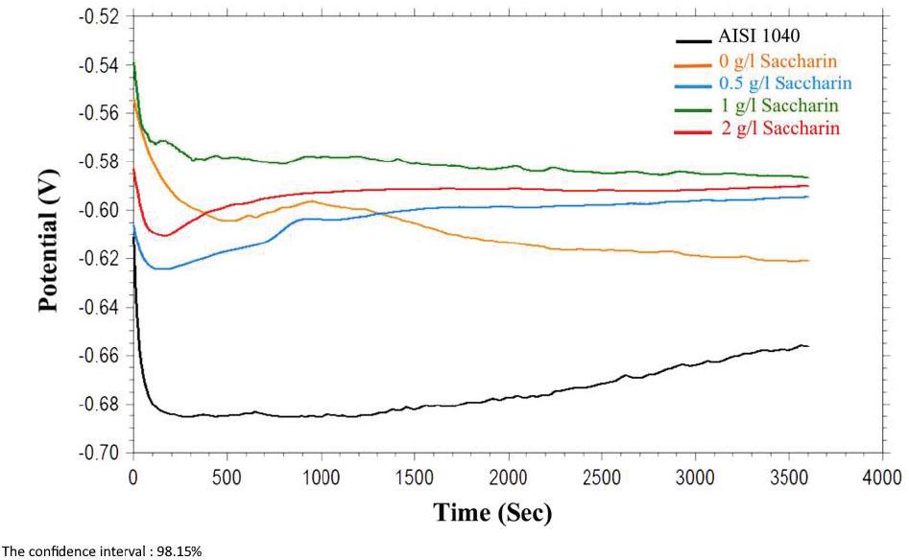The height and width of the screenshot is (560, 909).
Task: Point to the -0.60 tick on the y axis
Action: click(x=103, y=210)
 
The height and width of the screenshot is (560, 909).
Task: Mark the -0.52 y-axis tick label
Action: click(x=103, y=17)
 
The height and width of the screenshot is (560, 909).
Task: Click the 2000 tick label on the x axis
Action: click(x=507, y=477)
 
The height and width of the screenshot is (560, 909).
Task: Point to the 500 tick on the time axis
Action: click(x=227, y=477)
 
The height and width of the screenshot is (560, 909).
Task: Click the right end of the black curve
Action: click(x=808, y=346)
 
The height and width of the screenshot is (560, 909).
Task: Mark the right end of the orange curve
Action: click(x=808, y=261)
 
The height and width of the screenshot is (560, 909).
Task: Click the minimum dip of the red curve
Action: click(x=164, y=235)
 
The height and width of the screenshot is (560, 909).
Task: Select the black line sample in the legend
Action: click(x=694, y=41)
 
